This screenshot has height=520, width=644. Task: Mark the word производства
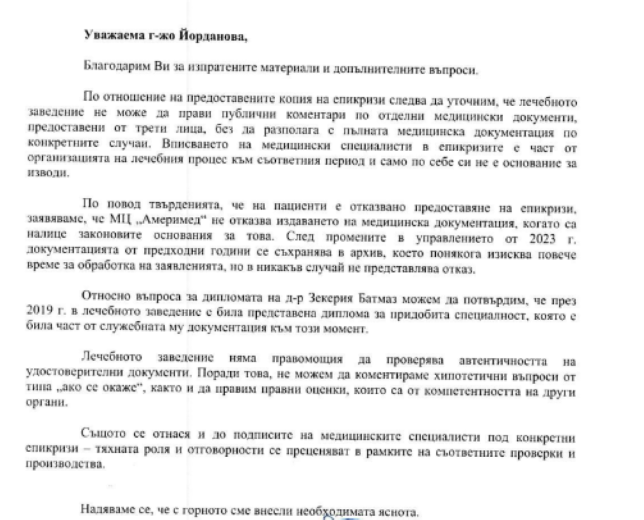tap(65, 465)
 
